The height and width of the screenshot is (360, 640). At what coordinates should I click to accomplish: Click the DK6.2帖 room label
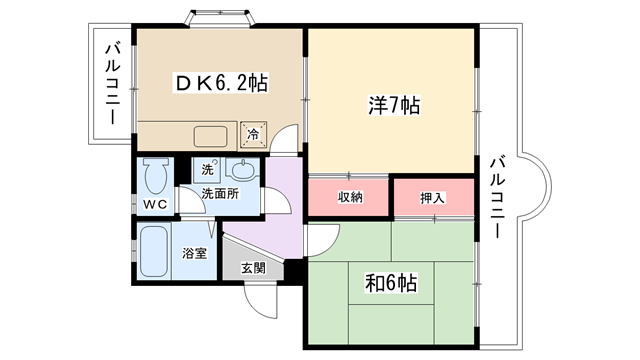[x=222, y=83]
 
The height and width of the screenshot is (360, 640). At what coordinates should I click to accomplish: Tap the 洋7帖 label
[x=393, y=105]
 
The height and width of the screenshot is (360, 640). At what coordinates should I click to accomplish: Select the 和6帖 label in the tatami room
[x=391, y=283]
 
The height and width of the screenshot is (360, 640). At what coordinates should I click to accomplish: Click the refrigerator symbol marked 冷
[x=253, y=134]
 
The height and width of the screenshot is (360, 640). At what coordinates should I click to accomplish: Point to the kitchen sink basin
[x=211, y=136]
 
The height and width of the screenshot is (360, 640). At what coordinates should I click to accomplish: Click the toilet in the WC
[x=156, y=175]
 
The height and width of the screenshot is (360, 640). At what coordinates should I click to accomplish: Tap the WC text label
[x=155, y=204]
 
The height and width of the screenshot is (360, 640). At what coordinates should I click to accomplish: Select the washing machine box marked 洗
[x=207, y=169]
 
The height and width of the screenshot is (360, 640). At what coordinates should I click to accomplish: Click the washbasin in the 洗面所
[x=242, y=169]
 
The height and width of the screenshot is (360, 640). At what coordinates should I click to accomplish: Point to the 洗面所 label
[x=220, y=194]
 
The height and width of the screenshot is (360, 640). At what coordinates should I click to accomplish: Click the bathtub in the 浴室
[x=154, y=251]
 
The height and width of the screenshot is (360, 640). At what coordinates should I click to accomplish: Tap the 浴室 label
[x=194, y=253]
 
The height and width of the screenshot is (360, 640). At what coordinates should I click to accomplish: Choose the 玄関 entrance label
[x=253, y=268]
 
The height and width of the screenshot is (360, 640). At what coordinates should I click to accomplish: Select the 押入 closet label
[x=432, y=198]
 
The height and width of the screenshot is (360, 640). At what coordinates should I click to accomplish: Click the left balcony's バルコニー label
[x=113, y=84]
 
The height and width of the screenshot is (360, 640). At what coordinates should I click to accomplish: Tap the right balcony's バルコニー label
[x=498, y=197]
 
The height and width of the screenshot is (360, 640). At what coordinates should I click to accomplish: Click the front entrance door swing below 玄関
[x=261, y=302]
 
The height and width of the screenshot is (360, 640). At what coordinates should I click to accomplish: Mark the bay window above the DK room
[x=220, y=18]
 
